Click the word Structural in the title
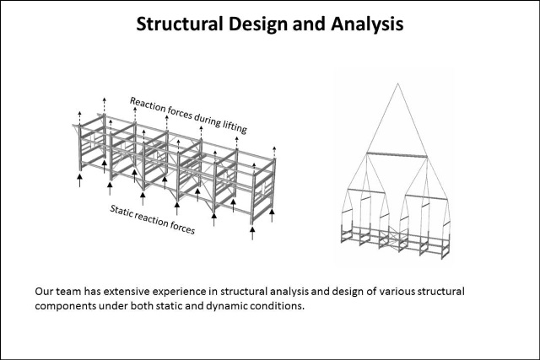(x=180, y=24)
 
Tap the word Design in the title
(x=257, y=24)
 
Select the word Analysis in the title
(x=367, y=24)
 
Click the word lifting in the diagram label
(x=235, y=126)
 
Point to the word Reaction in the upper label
(x=148, y=105)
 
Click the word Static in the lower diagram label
(x=121, y=211)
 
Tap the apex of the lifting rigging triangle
(x=397, y=83)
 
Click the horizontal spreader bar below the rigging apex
(x=397, y=154)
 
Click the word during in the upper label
(x=207, y=119)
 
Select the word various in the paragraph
(x=397, y=292)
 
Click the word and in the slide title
(x=310, y=24)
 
